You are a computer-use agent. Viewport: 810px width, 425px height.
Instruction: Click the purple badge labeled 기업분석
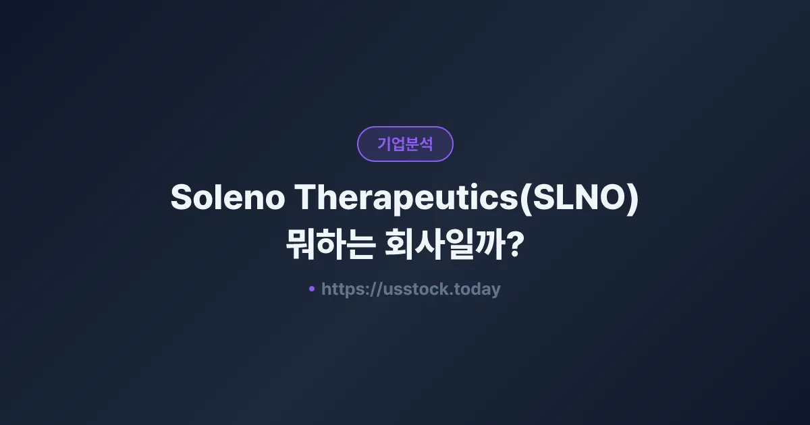(x=405, y=144)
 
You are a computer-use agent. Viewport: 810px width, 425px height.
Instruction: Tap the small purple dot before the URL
(x=311, y=289)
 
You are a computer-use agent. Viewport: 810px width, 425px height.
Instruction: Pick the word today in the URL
(x=478, y=289)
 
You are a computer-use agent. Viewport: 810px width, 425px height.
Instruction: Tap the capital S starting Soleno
(x=182, y=198)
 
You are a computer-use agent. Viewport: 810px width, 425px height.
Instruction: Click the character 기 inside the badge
(x=383, y=144)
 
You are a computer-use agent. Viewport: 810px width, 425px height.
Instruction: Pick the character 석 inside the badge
(x=426, y=144)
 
